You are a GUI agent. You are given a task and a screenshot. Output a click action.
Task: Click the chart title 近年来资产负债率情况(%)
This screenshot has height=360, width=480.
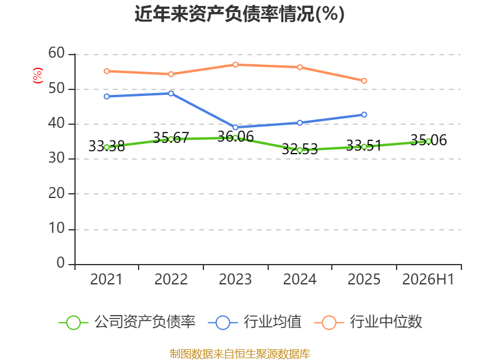239,14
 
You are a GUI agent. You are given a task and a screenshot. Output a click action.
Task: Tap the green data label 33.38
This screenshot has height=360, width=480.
107,146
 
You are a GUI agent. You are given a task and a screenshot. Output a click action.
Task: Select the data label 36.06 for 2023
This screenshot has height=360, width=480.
235,137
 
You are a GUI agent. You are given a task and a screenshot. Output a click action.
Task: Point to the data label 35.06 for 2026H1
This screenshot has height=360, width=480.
428,140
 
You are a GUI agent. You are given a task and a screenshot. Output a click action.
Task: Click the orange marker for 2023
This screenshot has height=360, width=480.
235,65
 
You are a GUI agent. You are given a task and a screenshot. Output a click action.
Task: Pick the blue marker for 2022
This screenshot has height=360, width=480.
171,94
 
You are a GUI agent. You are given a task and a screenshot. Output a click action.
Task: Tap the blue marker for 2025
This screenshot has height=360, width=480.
364,115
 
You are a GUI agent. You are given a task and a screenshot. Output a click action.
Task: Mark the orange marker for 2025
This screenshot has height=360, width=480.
364,81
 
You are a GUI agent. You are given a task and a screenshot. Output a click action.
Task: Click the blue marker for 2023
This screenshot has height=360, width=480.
235,127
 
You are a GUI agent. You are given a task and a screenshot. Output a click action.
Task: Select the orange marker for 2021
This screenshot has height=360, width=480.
107,71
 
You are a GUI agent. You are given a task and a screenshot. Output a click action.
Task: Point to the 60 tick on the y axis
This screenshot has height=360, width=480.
56,53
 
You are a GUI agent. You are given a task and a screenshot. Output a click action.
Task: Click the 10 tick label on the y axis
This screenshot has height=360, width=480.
56,229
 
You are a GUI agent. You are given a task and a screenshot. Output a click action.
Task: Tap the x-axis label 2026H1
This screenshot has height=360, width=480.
428,279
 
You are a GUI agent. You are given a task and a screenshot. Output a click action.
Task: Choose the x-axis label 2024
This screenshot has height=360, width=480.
299,279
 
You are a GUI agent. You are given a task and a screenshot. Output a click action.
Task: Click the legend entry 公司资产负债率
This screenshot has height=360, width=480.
127,322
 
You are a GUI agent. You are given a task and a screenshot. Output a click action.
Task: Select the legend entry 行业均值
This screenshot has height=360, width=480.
254,322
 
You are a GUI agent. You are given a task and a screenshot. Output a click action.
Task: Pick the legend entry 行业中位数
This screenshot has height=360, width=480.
368,322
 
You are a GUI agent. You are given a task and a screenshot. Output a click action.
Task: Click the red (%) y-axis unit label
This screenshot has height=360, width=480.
38,76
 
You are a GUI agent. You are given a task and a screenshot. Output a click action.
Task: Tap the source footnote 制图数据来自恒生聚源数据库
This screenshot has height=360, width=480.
240,354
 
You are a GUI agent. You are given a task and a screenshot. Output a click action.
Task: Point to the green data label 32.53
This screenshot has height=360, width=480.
299,149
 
